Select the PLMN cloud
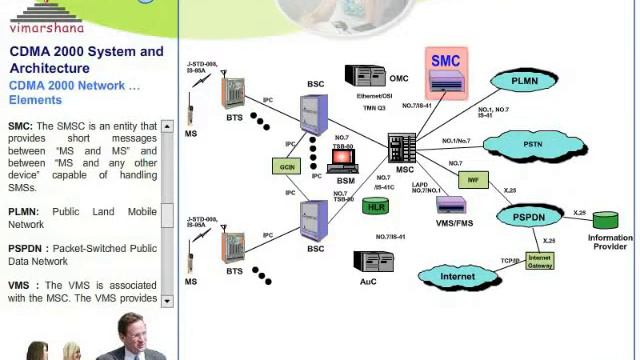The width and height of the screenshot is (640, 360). [x=528, y=81]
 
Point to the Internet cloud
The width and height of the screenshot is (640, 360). [x=457, y=275]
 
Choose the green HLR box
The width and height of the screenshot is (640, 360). [x=376, y=207]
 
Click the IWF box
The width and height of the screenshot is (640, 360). [x=470, y=180]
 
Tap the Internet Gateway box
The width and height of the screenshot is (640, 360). [x=539, y=260]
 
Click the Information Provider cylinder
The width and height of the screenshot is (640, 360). [x=606, y=220]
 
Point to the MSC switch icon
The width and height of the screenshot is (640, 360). [x=402, y=148]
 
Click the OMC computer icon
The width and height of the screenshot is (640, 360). [x=364, y=76]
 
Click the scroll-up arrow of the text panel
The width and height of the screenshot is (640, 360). [x=167, y=127]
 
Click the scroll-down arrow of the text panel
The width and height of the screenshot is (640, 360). [x=167, y=300]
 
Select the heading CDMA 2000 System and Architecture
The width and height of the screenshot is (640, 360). [x=86, y=59]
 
